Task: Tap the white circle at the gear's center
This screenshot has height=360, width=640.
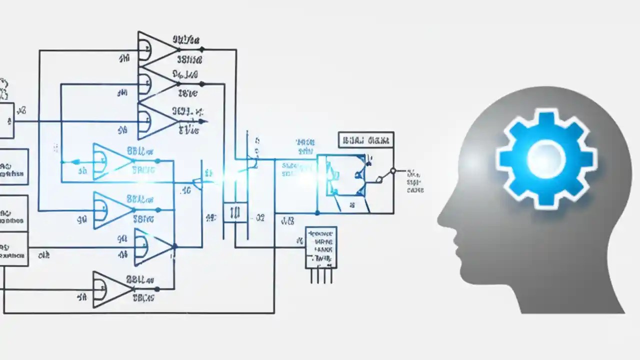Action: tap(546, 159)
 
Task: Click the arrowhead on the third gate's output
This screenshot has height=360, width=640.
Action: tap(202, 121)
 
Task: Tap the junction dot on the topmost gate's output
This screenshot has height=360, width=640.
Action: tap(201, 49)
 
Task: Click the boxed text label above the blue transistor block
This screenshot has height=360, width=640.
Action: tap(365, 140)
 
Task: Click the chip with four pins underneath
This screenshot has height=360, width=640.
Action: tap(321, 247)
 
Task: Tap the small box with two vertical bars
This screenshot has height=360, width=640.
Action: tap(235, 212)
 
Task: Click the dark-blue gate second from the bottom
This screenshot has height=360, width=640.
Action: tap(152, 247)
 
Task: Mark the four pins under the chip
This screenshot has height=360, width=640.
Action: tap(321, 275)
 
